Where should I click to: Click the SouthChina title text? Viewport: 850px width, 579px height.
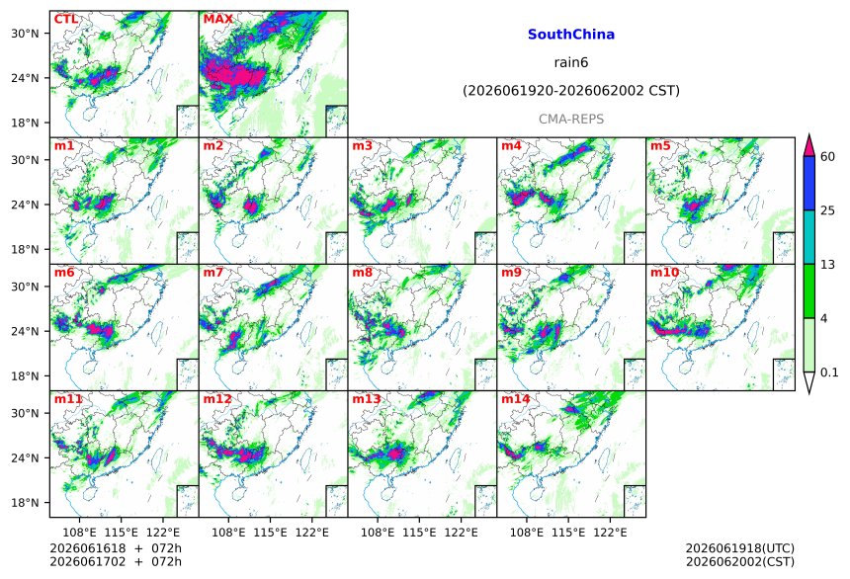(x=571, y=35)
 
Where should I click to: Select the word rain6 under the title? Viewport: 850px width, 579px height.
(x=571, y=62)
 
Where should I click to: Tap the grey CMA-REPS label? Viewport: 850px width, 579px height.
(x=571, y=119)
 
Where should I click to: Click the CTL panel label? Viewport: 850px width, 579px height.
(x=65, y=19)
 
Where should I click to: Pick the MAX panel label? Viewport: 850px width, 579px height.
(x=217, y=19)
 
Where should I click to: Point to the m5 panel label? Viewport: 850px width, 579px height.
(x=660, y=145)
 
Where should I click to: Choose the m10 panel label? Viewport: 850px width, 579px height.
(x=664, y=272)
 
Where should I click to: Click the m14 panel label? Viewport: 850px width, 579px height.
(x=515, y=399)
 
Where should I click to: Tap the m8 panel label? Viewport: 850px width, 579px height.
(x=362, y=272)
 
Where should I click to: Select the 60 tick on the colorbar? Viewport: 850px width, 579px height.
(x=827, y=157)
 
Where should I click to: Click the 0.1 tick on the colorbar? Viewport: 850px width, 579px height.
(x=829, y=372)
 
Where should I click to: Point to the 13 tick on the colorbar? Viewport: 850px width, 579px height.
(x=827, y=265)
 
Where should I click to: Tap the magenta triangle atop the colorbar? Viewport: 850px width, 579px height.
(x=808, y=145)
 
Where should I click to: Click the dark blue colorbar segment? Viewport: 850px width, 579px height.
(x=808, y=183)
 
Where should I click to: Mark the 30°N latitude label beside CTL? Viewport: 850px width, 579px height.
(x=25, y=34)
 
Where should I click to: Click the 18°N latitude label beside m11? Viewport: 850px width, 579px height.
(x=25, y=503)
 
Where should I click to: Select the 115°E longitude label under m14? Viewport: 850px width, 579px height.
(x=568, y=533)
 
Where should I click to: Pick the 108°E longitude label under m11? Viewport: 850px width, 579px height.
(x=79, y=533)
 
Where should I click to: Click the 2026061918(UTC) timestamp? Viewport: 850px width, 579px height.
(x=740, y=548)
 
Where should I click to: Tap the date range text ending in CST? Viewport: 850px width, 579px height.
(x=571, y=91)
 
